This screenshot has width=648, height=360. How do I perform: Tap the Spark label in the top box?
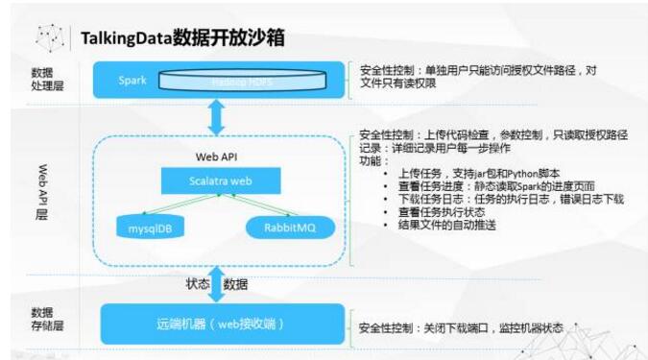[132, 80]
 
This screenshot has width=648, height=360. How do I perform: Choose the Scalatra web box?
[220, 179]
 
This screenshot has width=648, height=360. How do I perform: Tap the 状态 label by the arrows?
[198, 283]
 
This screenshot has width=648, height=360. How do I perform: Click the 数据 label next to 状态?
[235, 283]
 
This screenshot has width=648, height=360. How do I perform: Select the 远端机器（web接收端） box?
[222, 323]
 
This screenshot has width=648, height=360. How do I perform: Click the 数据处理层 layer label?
[42, 79]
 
